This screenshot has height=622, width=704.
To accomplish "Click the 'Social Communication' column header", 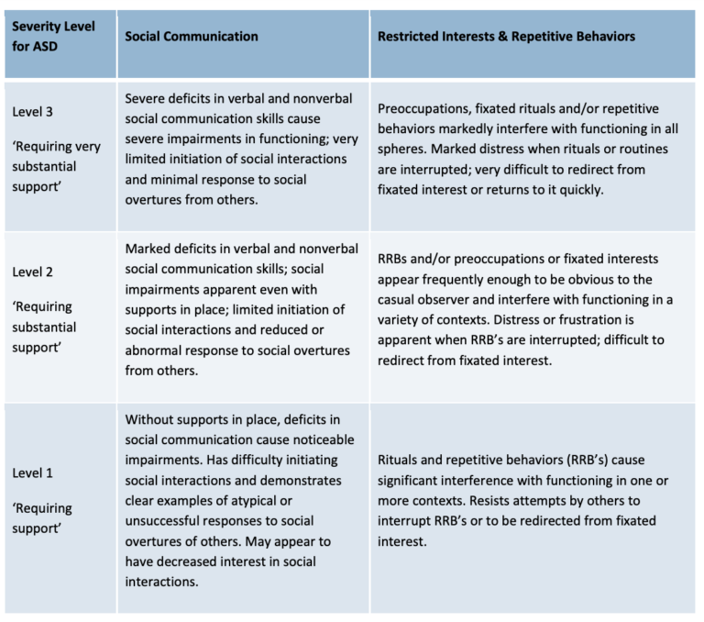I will point(192,37).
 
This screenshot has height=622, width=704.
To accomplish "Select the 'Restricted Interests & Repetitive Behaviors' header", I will point(506,37).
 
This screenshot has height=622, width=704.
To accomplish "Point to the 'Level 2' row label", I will point(32,272).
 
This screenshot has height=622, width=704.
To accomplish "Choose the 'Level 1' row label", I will point(32,473).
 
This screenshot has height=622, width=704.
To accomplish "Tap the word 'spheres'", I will point(401,150).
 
